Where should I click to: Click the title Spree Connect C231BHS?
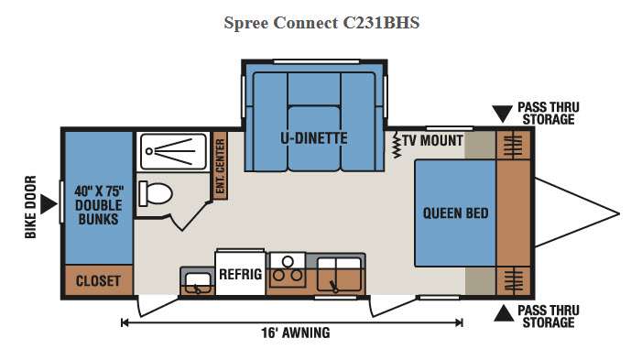[x=321, y=23]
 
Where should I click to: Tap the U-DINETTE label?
[x=314, y=138]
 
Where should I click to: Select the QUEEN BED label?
[x=455, y=213]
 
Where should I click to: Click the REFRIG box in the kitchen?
[x=240, y=273]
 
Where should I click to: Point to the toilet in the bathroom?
[x=156, y=193]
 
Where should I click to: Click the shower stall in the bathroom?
[x=174, y=151]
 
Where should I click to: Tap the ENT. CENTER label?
[x=220, y=166]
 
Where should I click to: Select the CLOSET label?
[x=98, y=280]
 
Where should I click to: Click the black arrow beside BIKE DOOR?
[x=49, y=204]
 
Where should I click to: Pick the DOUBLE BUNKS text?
[x=99, y=213]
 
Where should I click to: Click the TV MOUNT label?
[x=432, y=140]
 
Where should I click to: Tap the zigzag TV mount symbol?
[x=397, y=144]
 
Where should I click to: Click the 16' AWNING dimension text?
[x=296, y=333]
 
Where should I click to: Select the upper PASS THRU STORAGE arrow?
[x=502, y=114]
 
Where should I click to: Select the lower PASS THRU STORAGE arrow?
[x=504, y=313]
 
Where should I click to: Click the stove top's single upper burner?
[x=288, y=262]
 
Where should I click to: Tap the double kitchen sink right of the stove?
[x=339, y=274]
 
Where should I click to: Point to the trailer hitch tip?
[x=619, y=213]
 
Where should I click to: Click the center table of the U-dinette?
[x=314, y=136]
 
